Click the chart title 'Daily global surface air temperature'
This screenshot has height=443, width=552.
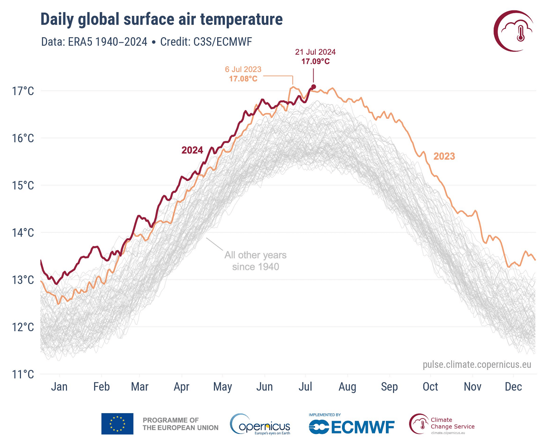(x=162, y=19)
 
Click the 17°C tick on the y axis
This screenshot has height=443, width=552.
(x=22, y=91)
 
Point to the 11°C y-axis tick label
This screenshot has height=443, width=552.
(x=22, y=375)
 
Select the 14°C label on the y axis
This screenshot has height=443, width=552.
(x=22, y=233)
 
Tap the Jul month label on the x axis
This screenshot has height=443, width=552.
(x=306, y=387)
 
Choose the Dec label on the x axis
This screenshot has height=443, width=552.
(x=514, y=387)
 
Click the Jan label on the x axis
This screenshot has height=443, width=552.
(x=59, y=387)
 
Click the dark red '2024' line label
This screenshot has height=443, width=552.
(x=192, y=150)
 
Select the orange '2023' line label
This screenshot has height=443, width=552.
(x=444, y=156)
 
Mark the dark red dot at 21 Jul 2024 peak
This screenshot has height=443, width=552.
(x=314, y=87)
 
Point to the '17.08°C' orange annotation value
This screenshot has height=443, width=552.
(x=243, y=79)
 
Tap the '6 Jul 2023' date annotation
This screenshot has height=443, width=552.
(x=243, y=70)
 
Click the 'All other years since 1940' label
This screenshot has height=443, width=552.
(x=255, y=261)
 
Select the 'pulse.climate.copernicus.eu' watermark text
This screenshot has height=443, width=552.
(x=477, y=364)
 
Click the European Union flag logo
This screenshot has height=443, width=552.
(x=117, y=424)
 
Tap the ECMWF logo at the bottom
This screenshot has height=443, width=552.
(x=352, y=426)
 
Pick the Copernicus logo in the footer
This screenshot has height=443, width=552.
(x=260, y=425)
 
